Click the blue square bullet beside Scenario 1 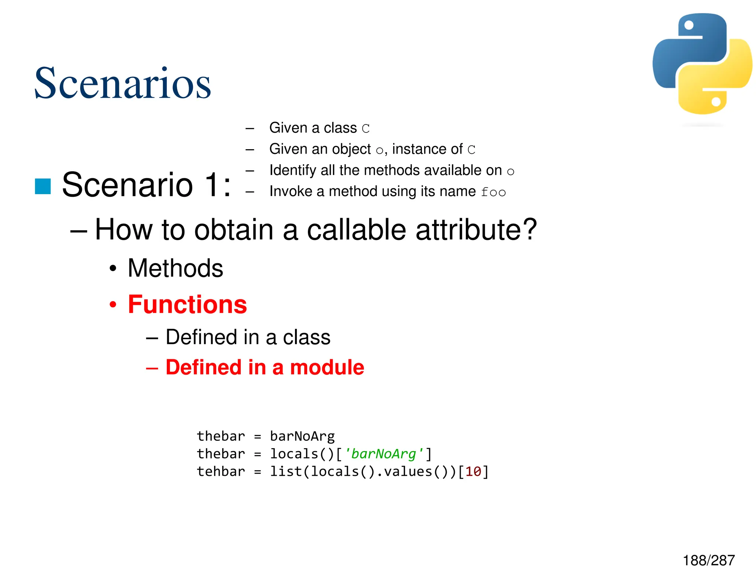(x=43, y=186)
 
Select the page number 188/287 (x=708, y=560)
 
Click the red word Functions (x=187, y=305)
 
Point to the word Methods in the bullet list (x=175, y=268)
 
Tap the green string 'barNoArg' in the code (x=384, y=454)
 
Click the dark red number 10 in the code (x=473, y=471)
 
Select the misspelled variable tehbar (x=221, y=471)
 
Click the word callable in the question (x=357, y=230)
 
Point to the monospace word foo (x=493, y=192)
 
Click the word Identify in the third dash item (x=293, y=170)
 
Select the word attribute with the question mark (x=476, y=230)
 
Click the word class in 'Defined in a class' (x=306, y=337)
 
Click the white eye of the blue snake (x=689, y=25)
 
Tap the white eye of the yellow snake (x=716, y=102)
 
